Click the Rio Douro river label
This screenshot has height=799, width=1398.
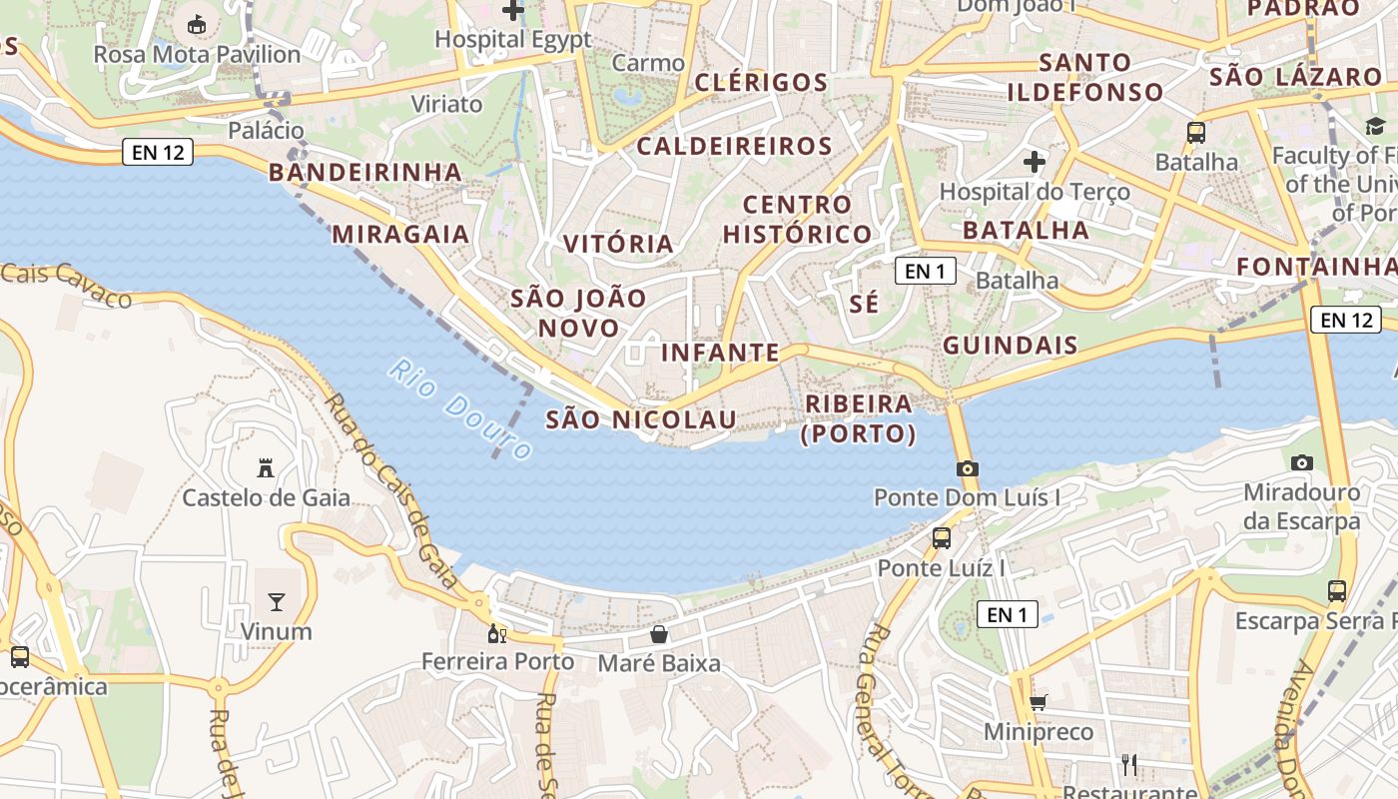coord(460,409)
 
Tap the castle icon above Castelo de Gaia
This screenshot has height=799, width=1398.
coord(266,467)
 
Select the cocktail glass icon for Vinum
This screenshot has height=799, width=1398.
coord(277,601)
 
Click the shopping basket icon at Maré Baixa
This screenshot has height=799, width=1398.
coord(659,634)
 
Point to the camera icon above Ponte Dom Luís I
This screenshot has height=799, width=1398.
coord(967,468)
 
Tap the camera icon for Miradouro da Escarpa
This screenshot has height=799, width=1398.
coord(1301,462)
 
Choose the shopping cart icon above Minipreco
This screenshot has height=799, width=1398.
coord(1039,702)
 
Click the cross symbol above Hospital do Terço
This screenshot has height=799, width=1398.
coord(1035,161)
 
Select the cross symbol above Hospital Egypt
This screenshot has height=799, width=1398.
coord(513,11)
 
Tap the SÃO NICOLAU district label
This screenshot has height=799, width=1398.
coord(640,419)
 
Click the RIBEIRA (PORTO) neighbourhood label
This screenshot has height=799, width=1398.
coord(859,418)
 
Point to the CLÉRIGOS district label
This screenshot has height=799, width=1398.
coord(761,82)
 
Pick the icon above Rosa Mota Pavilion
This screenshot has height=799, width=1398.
coord(197,24)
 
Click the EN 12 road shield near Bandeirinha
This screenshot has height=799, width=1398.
coord(158,153)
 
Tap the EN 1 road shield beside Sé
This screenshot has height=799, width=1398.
coord(925,271)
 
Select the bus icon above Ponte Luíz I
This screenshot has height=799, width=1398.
coord(941,538)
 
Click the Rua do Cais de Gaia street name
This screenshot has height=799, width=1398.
coord(389,490)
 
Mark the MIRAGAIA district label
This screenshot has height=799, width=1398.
coord(400,234)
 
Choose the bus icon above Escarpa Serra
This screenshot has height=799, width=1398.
coord(1337,591)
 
